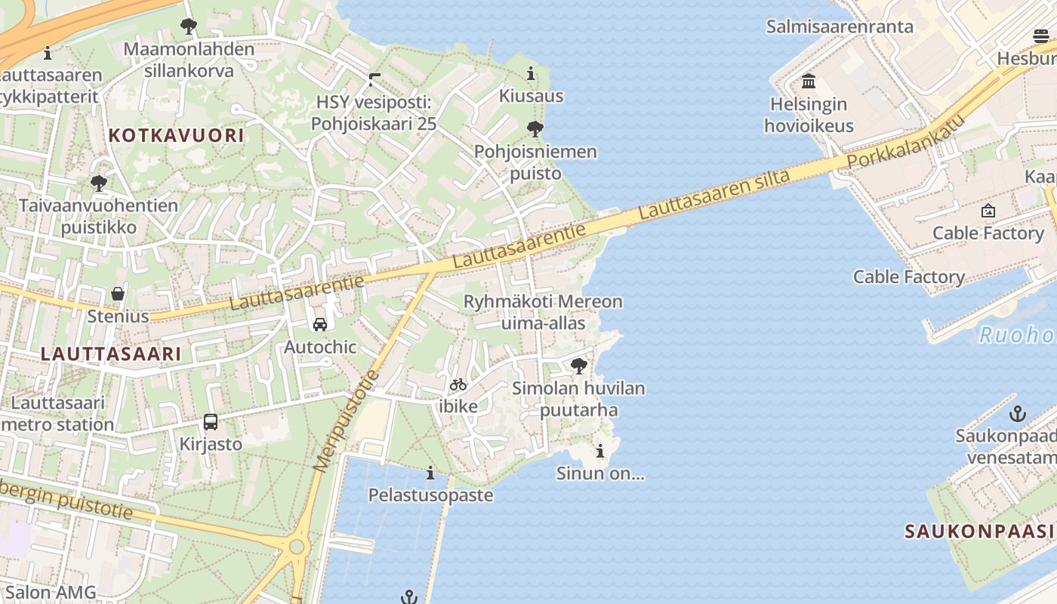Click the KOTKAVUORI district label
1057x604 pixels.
[x=177, y=136]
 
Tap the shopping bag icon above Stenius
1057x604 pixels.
[x=118, y=293]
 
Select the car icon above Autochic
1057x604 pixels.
[x=320, y=325]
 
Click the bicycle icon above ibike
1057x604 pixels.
[x=458, y=384]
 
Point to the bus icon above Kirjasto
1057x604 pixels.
[x=211, y=422]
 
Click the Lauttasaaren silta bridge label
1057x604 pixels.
[x=714, y=195]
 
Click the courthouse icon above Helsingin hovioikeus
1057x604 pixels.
[x=809, y=81]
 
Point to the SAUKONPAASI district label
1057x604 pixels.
[x=980, y=531]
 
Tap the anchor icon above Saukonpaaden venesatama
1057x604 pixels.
[x=1018, y=414]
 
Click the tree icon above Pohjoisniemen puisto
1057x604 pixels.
[x=535, y=129]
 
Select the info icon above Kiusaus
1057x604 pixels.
[x=531, y=74]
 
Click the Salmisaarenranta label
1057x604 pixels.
[x=840, y=27]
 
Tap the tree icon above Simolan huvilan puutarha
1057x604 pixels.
[x=579, y=367]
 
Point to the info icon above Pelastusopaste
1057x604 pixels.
[x=430, y=473]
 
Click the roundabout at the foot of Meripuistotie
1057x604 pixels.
[x=297, y=546]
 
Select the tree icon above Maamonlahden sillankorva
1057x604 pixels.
[x=189, y=27]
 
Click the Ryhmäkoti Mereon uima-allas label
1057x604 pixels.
[x=543, y=313]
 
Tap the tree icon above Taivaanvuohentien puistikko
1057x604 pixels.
[x=98, y=183]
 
